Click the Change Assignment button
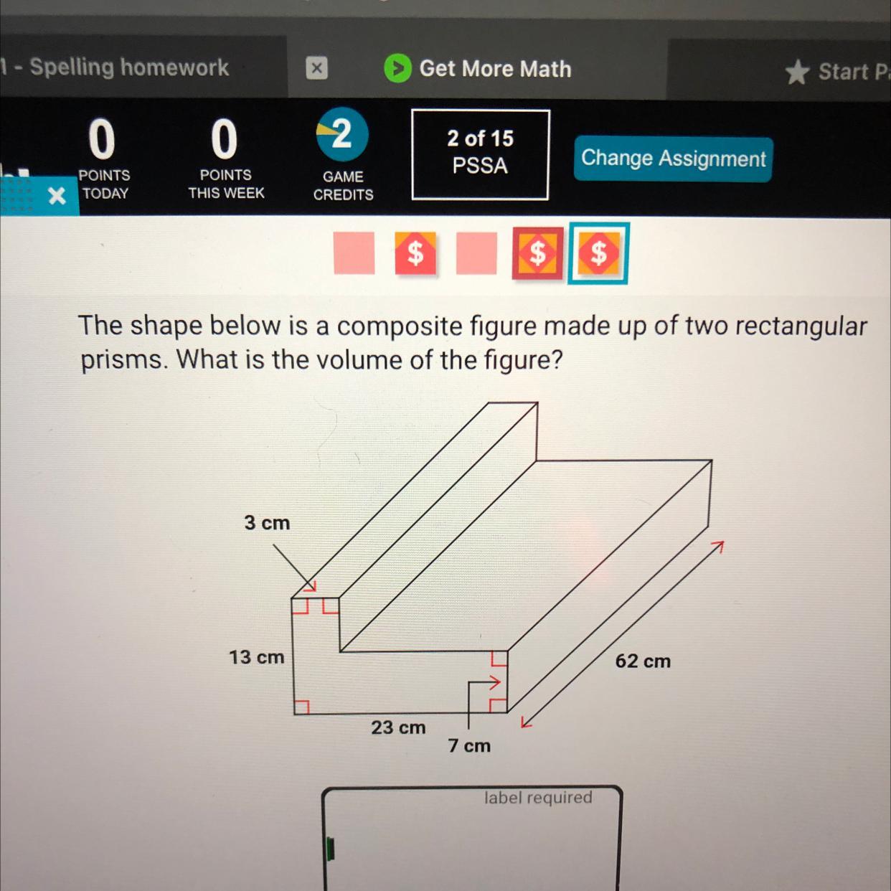pos(673,159)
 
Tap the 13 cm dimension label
pos(257,657)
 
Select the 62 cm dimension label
pos(643,661)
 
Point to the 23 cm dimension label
pos(398,727)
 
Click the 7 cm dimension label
pos(469,745)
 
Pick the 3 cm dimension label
pos(267,522)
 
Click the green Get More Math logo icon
pos(397,68)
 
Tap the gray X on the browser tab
pos(316,68)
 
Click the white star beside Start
pos(798,72)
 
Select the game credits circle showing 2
pos(342,135)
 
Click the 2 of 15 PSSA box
pos(481,155)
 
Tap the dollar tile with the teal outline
pos(598,253)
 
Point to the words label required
pos(538,797)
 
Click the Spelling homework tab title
pos(129,67)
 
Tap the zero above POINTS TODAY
pos(102,138)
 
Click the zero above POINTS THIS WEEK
pos(225,138)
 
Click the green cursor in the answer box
pos(330,849)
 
